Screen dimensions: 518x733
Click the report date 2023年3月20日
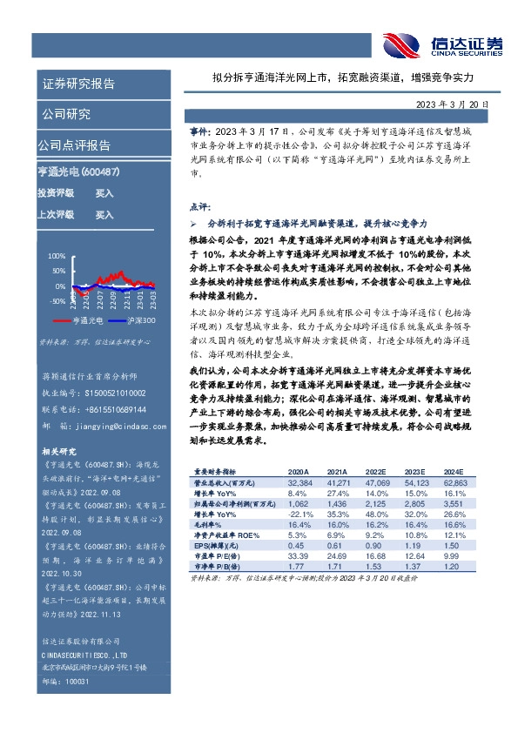452,104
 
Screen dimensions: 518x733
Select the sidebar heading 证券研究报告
78,84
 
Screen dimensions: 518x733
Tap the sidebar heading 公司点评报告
74,145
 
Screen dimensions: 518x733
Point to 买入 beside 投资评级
104,193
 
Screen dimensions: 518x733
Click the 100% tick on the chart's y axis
57,256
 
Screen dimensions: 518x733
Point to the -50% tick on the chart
56,301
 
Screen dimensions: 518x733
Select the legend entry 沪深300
140,321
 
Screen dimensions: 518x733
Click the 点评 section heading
199,208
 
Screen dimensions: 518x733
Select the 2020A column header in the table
299,471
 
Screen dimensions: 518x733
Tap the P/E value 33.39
299,556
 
